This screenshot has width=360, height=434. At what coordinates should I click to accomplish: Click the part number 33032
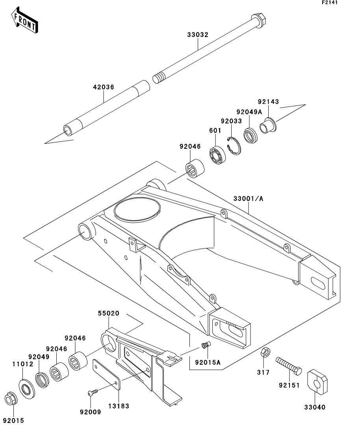(198, 35)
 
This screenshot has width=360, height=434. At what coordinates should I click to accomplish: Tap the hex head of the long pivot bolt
(258, 20)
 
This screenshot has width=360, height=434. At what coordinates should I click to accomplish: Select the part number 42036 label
(103, 87)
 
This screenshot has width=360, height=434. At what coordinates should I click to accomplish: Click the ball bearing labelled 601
(217, 155)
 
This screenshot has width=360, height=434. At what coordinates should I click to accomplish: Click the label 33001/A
(248, 198)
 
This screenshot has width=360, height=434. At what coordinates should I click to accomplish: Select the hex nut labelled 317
(265, 352)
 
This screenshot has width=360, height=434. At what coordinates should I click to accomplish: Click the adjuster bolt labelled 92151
(289, 366)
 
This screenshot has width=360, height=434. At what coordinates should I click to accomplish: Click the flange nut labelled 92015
(11, 399)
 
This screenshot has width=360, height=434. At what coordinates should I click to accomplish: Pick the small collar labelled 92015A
(206, 345)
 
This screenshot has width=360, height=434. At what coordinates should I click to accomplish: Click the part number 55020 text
(109, 313)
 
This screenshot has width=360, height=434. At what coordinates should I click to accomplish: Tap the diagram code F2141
(330, 2)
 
